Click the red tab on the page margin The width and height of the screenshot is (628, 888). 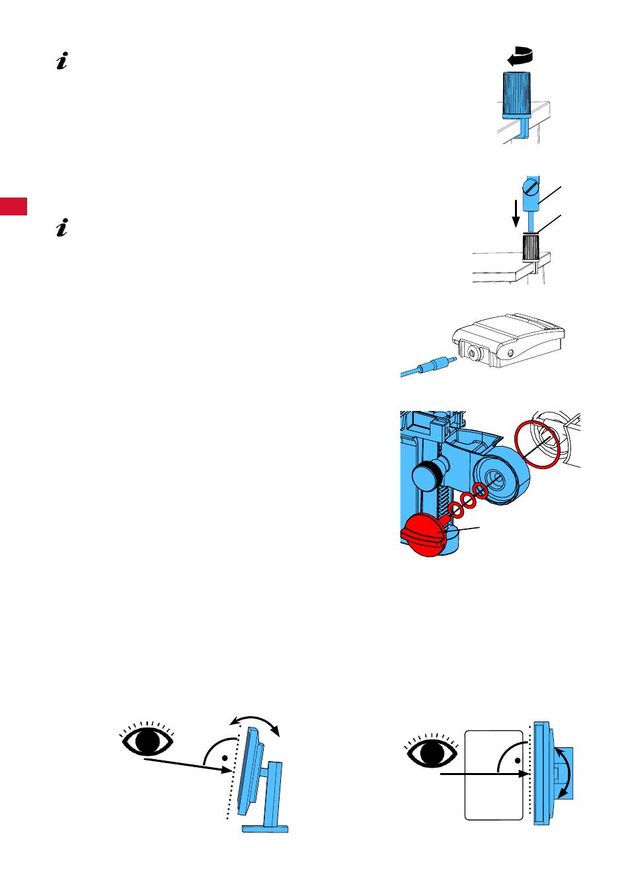point(14,205)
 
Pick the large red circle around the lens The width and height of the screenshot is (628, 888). point(537,445)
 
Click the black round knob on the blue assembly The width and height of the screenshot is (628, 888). point(427,476)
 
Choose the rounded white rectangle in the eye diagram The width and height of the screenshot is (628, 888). point(494,776)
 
